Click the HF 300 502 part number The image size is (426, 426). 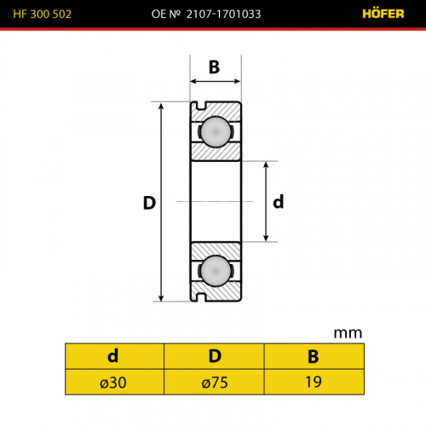[x=43, y=14]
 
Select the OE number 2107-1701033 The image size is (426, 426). [x=206, y=14]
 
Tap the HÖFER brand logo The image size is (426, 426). [x=383, y=14]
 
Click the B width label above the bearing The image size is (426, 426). [x=215, y=67]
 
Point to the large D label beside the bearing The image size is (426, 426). [x=149, y=203]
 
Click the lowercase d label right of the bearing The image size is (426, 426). [x=279, y=202]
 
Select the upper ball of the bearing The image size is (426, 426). [x=216, y=132]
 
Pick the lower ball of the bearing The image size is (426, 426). [x=216, y=271]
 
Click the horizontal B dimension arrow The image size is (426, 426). [x=216, y=82]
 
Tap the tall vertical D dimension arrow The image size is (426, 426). [x=161, y=202]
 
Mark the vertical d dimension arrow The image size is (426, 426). [x=266, y=201]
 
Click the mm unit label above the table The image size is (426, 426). [x=348, y=333]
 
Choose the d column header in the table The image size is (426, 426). [x=113, y=356]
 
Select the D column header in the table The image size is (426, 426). [x=215, y=356]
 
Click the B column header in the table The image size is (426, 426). [x=314, y=356]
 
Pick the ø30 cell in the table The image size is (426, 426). [x=113, y=383]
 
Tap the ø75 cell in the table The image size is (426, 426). [x=215, y=383]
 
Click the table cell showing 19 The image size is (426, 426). [x=314, y=382]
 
